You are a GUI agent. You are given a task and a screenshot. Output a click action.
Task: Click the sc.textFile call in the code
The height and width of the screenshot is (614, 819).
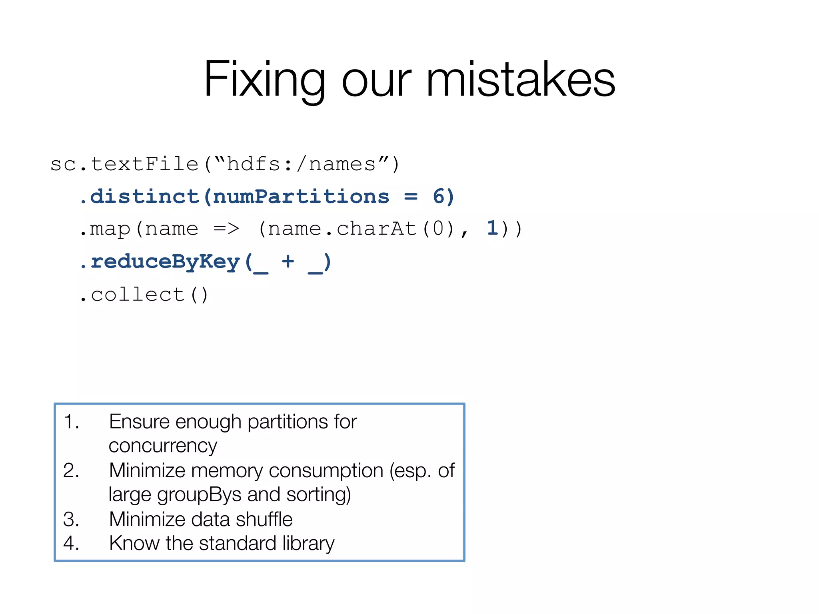tap(124, 164)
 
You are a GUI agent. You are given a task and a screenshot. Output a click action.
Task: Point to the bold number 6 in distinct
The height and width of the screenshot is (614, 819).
tap(439, 197)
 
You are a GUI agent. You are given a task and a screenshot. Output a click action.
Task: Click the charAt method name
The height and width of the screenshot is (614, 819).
tap(376, 229)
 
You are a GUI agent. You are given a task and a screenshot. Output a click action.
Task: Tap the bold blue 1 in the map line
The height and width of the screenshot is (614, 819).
tap(492, 229)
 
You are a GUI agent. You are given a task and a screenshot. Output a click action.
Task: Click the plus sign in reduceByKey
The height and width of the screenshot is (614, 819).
tap(288, 262)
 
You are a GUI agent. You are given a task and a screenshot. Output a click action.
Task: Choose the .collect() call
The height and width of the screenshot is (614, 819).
tap(144, 295)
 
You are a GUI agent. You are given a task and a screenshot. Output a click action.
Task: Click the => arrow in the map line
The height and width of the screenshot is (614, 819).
tap(226, 229)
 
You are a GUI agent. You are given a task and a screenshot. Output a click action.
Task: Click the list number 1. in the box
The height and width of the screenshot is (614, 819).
tap(72, 422)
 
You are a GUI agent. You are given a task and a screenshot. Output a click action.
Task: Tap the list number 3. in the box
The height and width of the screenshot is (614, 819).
tap(72, 519)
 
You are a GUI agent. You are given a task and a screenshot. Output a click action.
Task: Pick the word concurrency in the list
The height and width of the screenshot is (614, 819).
tap(163, 446)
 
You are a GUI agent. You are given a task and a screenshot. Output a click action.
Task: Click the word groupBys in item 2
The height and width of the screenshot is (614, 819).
tap(199, 495)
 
